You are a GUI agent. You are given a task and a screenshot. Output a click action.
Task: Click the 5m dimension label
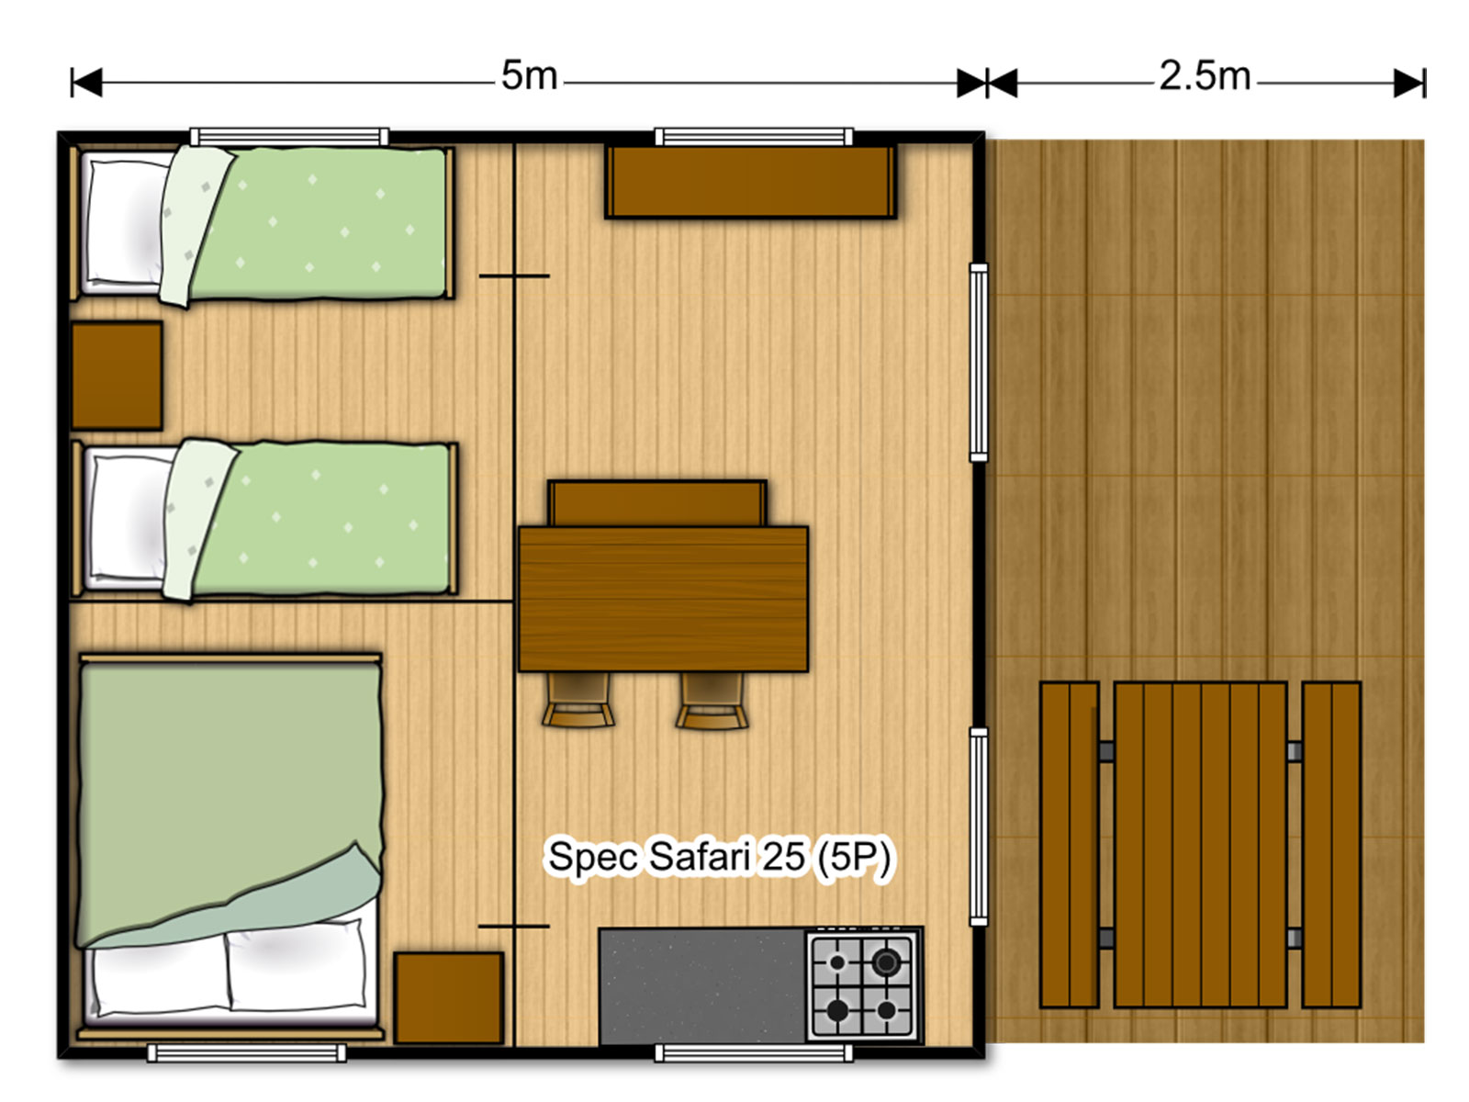click(x=529, y=75)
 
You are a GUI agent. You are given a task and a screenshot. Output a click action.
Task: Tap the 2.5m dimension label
click(x=1204, y=75)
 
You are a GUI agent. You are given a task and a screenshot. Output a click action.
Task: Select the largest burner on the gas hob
click(x=886, y=962)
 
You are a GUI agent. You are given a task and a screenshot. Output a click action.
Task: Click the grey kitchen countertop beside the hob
click(x=702, y=985)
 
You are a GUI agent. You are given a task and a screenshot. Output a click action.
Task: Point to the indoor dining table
click(x=663, y=599)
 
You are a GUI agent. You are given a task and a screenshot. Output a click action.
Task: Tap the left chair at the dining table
click(x=578, y=700)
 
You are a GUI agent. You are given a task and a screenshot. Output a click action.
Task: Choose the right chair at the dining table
click(x=712, y=700)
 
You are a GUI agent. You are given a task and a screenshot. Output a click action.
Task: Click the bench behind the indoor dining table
click(x=657, y=503)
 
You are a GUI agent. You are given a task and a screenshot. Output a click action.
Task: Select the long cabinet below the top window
click(x=750, y=182)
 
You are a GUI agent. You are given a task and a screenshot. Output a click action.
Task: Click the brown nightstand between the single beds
click(x=118, y=376)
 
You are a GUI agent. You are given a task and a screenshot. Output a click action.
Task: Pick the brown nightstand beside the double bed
click(x=448, y=997)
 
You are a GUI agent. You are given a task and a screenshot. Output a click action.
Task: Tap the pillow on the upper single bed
click(x=127, y=223)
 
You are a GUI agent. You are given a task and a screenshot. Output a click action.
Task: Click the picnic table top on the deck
click(x=1200, y=844)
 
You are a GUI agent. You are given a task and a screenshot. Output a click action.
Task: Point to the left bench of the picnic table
click(x=1069, y=844)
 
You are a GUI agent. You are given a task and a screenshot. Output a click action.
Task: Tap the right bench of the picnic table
click(x=1331, y=844)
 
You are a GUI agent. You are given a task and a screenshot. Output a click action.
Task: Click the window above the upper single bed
click(x=289, y=137)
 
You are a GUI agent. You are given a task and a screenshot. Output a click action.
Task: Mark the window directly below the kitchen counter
click(x=754, y=1053)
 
